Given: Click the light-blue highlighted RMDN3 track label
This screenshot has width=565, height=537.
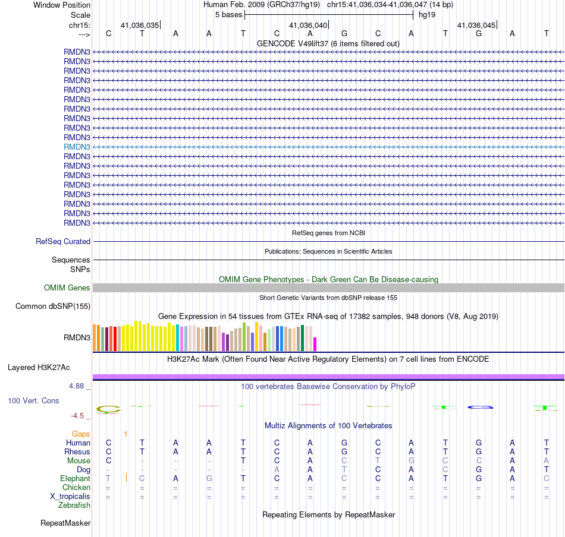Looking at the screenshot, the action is (x=77, y=147).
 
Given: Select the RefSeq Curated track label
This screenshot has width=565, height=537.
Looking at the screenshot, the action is (x=63, y=242).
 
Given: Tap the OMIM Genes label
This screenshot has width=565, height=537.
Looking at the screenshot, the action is (x=67, y=288).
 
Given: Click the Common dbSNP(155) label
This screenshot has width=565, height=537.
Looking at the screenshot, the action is (x=53, y=307).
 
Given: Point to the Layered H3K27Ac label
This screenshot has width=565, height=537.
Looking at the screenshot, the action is (x=39, y=368).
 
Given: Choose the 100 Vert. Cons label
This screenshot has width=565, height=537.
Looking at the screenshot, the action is (x=33, y=400).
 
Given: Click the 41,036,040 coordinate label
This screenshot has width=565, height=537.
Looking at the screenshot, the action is (x=308, y=25).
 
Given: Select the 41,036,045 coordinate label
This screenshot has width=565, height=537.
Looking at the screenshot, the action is (x=476, y=25).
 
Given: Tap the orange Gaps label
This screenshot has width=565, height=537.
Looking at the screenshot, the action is (x=81, y=434).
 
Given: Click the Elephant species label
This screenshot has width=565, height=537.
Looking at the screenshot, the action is (x=76, y=479).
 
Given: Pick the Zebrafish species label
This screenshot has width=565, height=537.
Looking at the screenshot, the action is (x=74, y=506).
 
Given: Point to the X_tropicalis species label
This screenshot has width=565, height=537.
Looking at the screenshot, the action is (x=70, y=497).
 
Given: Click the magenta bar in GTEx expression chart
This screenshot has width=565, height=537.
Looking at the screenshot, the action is (x=315, y=344).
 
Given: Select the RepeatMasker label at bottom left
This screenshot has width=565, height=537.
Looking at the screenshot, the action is (x=65, y=523).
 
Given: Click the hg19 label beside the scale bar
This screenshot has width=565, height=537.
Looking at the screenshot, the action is (x=427, y=15).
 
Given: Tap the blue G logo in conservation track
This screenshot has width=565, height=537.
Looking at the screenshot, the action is (x=480, y=407).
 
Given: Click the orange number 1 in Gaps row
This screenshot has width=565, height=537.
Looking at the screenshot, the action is (x=125, y=434).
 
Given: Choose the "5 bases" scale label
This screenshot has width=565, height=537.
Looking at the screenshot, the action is (x=229, y=15).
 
